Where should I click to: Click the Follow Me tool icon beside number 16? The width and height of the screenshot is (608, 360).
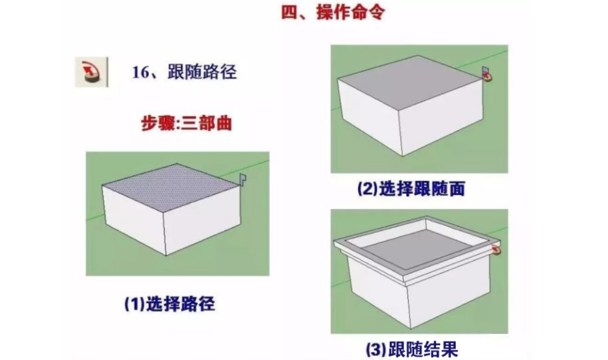pos(90,72)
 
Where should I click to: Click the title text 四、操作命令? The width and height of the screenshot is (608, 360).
pos(332,13)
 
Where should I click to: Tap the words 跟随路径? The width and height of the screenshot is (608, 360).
pos(201,73)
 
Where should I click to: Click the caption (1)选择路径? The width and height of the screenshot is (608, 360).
pos(169,304)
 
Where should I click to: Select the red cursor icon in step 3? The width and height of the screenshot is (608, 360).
pos(496,250)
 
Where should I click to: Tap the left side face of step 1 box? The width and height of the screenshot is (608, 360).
pos(133,217)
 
